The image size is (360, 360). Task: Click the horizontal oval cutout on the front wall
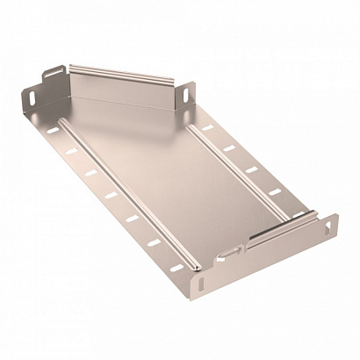[x=229, y=253]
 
